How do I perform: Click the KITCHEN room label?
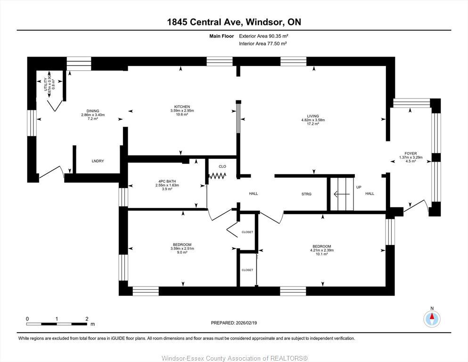(182, 107)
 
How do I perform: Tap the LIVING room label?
(313, 116)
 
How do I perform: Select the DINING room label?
(92, 111)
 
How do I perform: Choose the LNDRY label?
(98, 161)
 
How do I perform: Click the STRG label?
(306, 194)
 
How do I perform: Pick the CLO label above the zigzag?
(222, 166)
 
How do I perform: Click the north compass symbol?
(432, 319)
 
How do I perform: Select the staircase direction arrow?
(341, 194)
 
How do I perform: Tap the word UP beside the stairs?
(359, 187)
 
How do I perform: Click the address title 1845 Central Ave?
(234, 22)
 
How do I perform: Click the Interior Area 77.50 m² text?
(263, 43)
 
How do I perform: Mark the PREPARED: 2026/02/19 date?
(234, 323)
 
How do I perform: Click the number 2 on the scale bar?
(87, 319)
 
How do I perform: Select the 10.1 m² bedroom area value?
(321, 254)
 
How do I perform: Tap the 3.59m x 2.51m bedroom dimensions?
(181, 248)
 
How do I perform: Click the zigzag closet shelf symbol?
(218, 176)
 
